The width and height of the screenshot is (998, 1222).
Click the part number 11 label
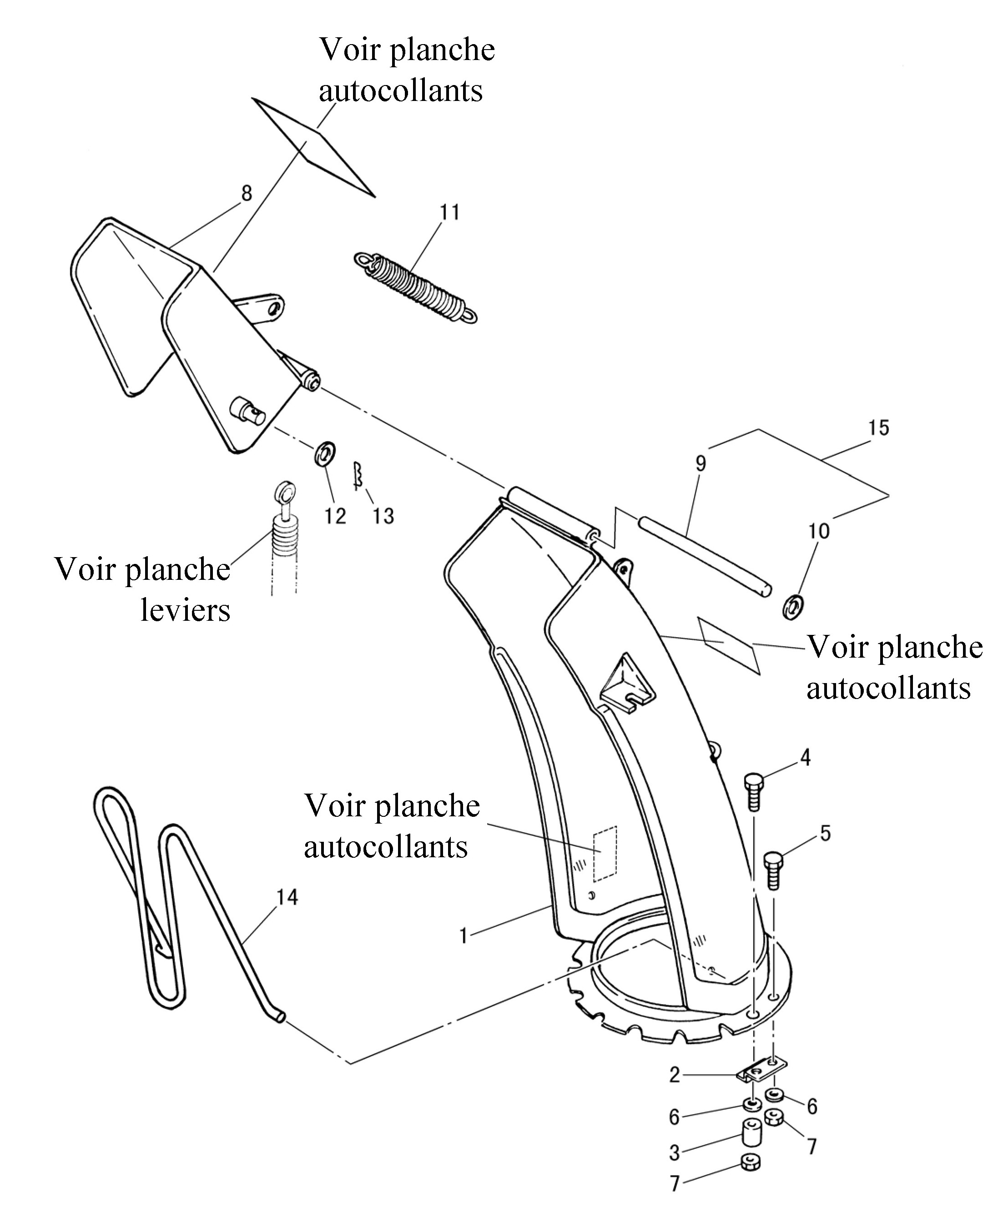tap(449, 212)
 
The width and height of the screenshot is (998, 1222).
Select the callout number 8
tap(247, 194)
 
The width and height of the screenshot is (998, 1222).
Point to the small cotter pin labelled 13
tap(357, 476)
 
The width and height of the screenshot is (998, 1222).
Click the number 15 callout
tap(878, 427)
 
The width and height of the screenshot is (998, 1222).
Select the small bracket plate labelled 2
tap(762, 1070)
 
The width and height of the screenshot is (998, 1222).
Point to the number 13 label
tap(383, 516)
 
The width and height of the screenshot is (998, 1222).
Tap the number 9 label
tap(700, 463)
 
